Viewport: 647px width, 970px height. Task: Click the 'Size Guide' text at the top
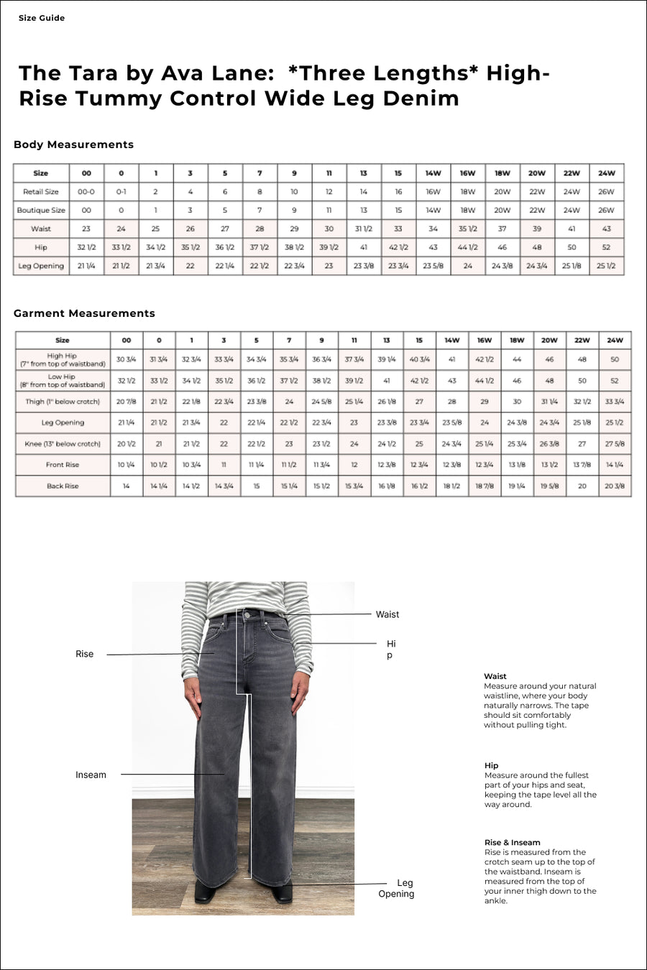[42, 18]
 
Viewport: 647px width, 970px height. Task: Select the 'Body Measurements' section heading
[73, 144]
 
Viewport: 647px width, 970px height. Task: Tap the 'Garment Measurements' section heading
[84, 313]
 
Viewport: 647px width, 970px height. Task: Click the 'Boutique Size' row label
[41, 211]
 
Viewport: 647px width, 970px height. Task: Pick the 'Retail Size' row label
[41, 192]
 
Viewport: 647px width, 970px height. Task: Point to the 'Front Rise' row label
[63, 465]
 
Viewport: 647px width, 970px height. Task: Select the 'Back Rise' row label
[63, 486]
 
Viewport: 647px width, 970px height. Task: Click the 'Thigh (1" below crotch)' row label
[63, 402]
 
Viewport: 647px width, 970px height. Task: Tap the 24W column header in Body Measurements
[606, 173]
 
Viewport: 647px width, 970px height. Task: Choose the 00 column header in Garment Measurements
[127, 341]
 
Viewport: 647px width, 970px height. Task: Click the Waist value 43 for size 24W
[606, 229]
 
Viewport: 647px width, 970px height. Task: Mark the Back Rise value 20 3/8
[615, 486]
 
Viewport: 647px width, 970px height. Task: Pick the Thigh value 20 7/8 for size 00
[127, 402]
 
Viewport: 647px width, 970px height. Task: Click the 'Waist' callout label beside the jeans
[387, 614]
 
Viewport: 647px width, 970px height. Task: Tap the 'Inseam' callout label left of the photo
[91, 775]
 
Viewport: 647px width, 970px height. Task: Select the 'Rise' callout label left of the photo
[84, 654]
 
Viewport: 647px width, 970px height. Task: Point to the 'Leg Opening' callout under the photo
[398, 888]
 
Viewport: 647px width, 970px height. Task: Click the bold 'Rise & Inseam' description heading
[512, 842]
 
